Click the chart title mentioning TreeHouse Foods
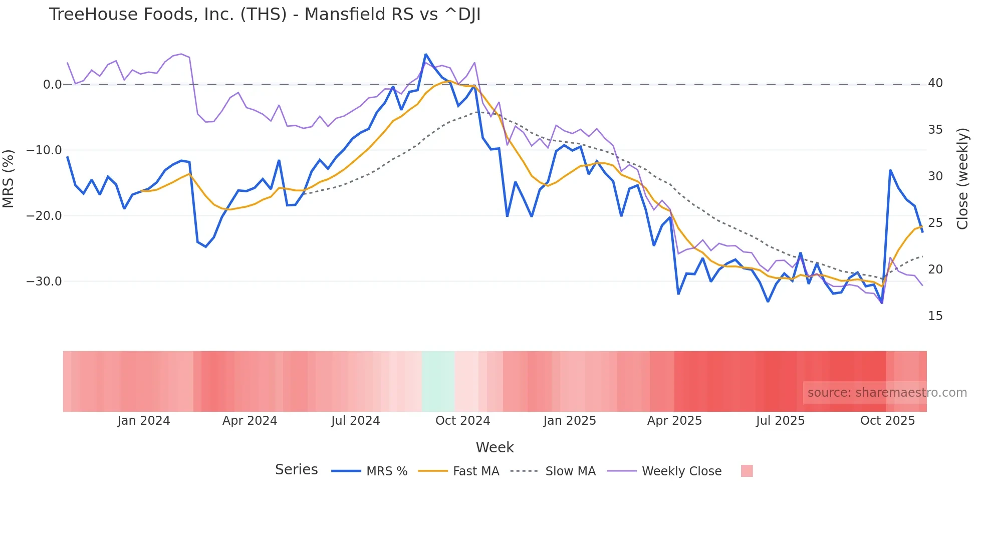pyautogui.click(x=265, y=15)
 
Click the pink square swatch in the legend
pyautogui.click(x=747, y=471)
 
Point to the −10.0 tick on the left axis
pyautogui.click(x=44, y=150)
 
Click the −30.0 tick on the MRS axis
pyautogui.click(x=44, y=282)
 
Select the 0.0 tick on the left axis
pyautogui.click(x=52, y=85)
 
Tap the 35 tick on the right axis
pyautogui.click(x=935, y=130)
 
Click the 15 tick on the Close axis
pyautogui.click(x=935, y=316)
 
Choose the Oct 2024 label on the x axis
pyautogui.click(x=462, y=421)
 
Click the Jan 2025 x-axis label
pyautogui.click(x=569, y=421)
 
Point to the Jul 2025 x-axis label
pyautogui.click(x=780, y=421)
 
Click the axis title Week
pyautogui.click(x=495, y=447)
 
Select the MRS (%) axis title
pyautogui.click(x=9, y=179)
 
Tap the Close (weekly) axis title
pyautogui.click(x=962, y=179)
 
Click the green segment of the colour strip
pyautogui.click(x=438, y=381)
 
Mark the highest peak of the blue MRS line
pyautogui.click(x=425, y=54)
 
